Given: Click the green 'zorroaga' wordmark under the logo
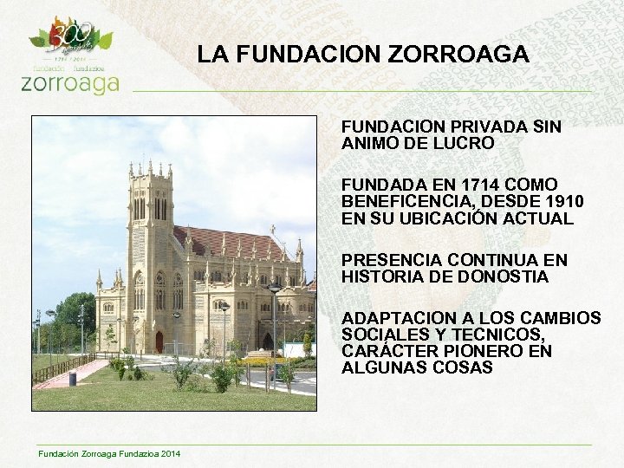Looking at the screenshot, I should click(x=69, y=82).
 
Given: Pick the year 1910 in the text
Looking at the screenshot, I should click(x=560, y=201).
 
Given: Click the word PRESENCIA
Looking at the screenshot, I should click(x=387, y=260).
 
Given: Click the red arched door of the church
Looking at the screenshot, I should click(x=159, y=341).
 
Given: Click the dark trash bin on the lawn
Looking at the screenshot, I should click(x=73, y=378).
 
